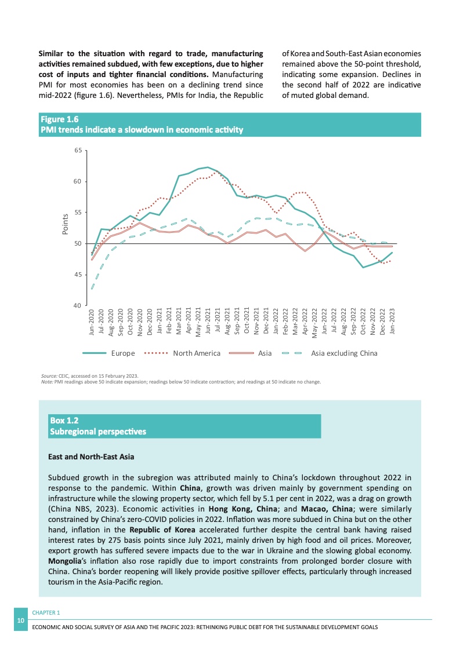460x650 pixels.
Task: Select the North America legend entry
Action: pyautogui.click(x=197, y=353)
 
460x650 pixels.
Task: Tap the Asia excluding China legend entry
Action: pyautogui.click(x=344, y=353)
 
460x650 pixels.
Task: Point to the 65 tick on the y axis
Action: pyautogui.click(x=78, y=151)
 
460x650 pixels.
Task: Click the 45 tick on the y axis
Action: pyautogui.click(x=78, y=275)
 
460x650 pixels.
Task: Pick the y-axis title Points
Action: pyautogui.click(x=65, y=224)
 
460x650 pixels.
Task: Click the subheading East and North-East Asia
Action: pyautogui.click(x=90, y=457)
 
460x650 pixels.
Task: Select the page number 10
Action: pyautogui.click(x=21, y=620)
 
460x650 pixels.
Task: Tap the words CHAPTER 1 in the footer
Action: pyautogui.click(x=46, y=612)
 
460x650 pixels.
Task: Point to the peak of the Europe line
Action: pyautogui.click(x=208, y=167)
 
